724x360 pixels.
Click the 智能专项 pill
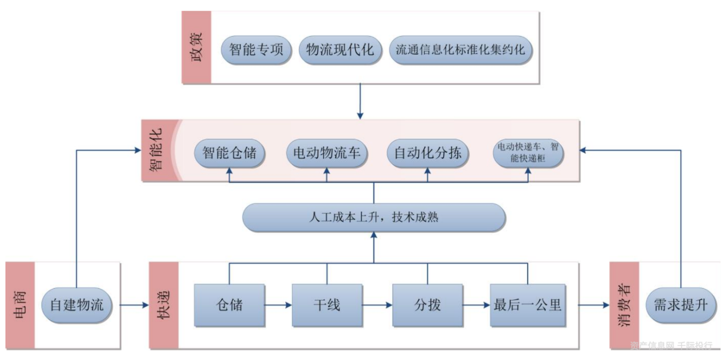[256, 50]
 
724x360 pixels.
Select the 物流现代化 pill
[340, 50]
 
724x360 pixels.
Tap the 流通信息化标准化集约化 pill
[460, 50]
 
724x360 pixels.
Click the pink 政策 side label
[196, 47]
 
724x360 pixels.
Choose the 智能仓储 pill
[229, 153]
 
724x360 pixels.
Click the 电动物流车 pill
[327, 153]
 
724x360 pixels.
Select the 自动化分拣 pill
[428, 153]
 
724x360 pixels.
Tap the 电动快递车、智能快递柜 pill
[528, 153]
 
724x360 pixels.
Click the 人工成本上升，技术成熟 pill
[374, 217]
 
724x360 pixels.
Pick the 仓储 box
[229, 305]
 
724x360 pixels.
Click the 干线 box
[327, 305]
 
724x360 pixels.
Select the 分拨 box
[428, 305]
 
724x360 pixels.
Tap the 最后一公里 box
[528, 305]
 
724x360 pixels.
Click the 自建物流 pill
[77, 304]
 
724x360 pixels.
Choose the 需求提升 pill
[681, 304]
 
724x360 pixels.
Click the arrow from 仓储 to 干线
[278, 305]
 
